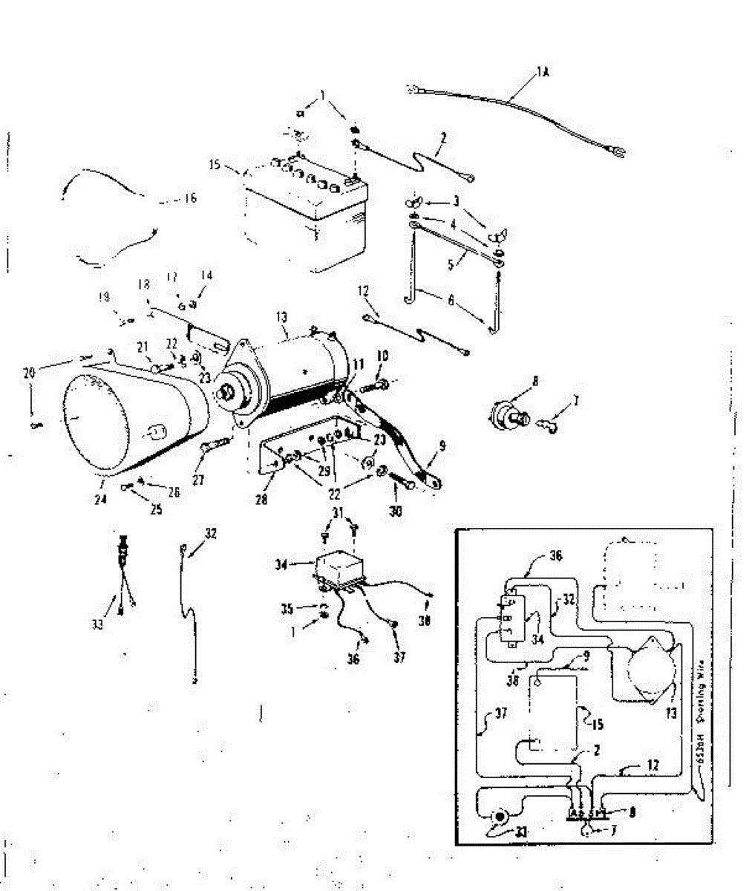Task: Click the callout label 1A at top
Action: tap(543, 72)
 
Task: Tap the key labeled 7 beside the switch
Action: tap(550, 425)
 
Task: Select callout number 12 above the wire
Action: tap(363, 292)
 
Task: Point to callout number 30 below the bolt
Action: tap(396, 511)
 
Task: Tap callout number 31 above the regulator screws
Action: tap(339, 513)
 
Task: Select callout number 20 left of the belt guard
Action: tap(30, 374)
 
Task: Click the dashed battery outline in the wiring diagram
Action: tap(553, 713)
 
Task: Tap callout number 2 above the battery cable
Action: tap(443, 137)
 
